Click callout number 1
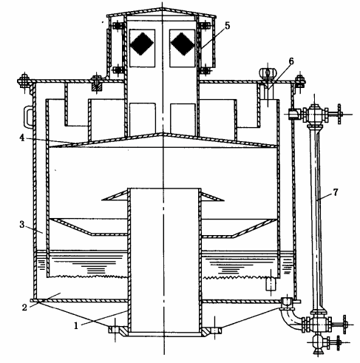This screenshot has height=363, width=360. (76, 326)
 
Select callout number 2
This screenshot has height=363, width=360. (24, 308)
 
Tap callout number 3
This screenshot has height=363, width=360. (22, 225)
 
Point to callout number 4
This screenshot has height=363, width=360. (22, 138)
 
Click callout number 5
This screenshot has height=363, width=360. (227, 25)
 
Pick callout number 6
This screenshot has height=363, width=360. (291, 61)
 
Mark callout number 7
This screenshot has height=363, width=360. (336, 192)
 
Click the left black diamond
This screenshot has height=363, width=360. (142, 44)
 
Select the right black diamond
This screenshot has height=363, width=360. (183, 44)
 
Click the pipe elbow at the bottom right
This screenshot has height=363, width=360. (291, 319)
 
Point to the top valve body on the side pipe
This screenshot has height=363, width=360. (314, 114)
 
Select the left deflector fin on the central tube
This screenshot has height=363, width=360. (115, 196)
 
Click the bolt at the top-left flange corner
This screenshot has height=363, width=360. (24, 80)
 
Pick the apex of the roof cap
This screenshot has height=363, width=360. (162, 9)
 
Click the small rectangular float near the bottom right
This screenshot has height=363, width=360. (271, 284)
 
